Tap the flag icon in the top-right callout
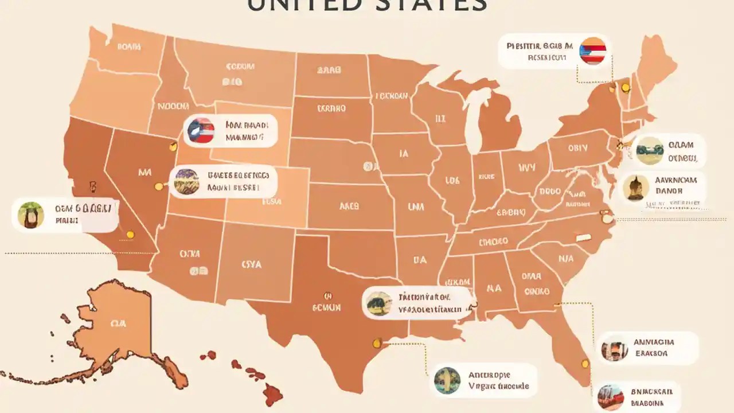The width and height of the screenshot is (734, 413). (x=593, y=50)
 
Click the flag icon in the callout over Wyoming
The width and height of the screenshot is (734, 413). (x=200, y=131)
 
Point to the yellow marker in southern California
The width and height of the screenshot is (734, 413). (x=130, y=234)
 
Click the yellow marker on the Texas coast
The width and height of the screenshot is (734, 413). (x=377, y=343)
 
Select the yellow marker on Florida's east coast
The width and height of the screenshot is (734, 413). (x=585, y=363)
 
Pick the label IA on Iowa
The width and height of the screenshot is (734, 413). (x=403, y=154)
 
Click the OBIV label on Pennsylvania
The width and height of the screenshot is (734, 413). (x=577, y=148)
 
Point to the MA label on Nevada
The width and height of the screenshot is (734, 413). (x=145, y=172)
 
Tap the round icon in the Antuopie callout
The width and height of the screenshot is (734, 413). (x=447, y=380)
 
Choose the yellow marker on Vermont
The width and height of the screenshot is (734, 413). (x=625, y=87)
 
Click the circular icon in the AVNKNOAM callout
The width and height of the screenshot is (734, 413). (x=636, y=188)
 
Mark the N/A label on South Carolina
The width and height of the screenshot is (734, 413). (x=565, y=258)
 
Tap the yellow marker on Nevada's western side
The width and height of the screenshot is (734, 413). (x=159, y=186)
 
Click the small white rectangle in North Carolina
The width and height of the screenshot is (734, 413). (x=583, y=237)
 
